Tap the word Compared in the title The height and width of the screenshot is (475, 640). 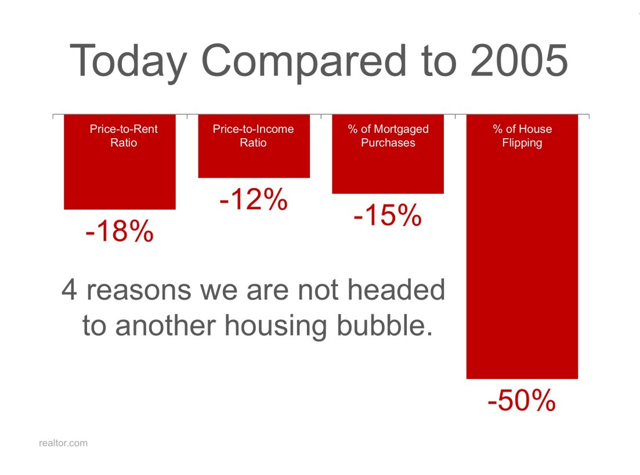(x=304, y=62)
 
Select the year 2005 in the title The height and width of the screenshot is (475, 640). (x=519, y=60)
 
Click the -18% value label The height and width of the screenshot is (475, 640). (x=120, y=231)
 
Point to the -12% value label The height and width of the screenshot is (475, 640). (x=254, y=199)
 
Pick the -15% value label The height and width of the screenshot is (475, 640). (x=388, y=215)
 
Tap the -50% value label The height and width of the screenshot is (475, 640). (x=522, y=400)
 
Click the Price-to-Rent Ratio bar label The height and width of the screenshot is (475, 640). (x=124, y=136)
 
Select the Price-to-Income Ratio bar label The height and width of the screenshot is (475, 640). (x=253, y=136)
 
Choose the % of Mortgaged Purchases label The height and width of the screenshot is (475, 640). (x=388, y=136)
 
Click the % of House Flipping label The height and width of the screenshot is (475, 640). (x=522, y=136)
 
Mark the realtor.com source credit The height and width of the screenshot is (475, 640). (x=63, y=443)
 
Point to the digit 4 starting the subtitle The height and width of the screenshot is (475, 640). (x=70, y=290)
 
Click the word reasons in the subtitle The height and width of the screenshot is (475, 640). (x=139, y=291)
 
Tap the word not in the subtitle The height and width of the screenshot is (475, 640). (x=318, y=290)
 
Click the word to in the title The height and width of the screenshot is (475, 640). (x=439, y=62)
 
